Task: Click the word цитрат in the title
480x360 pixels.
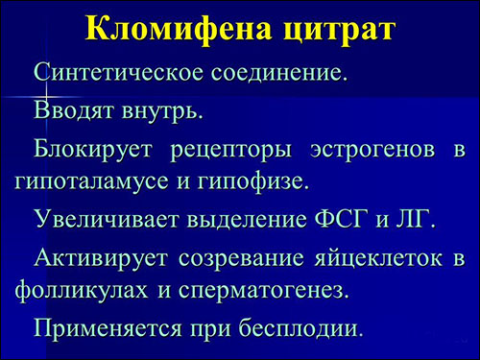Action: [331, 29]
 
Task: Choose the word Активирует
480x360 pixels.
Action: [102, 258]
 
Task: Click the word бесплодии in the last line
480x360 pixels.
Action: [302, 327]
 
